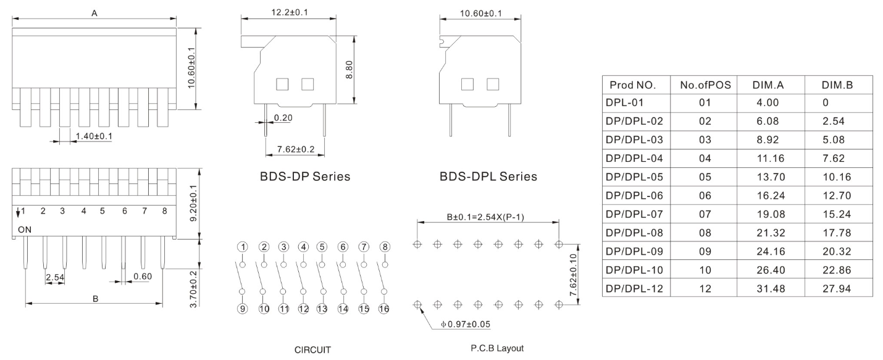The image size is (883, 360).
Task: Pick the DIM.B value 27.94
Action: click(x=837, y=288)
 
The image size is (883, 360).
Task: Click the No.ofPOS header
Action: click(x=705, y=85)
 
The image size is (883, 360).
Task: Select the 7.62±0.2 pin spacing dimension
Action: click(x=295, y=149)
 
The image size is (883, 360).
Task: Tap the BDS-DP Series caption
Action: click(x=304, y=177)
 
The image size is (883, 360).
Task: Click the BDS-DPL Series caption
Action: click(x=488, y=177)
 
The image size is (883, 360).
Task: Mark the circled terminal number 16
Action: click(x=384, y=309)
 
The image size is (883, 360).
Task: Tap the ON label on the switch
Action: click(x=25, y=229)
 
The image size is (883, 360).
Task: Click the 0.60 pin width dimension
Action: click(x=142, y=276)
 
